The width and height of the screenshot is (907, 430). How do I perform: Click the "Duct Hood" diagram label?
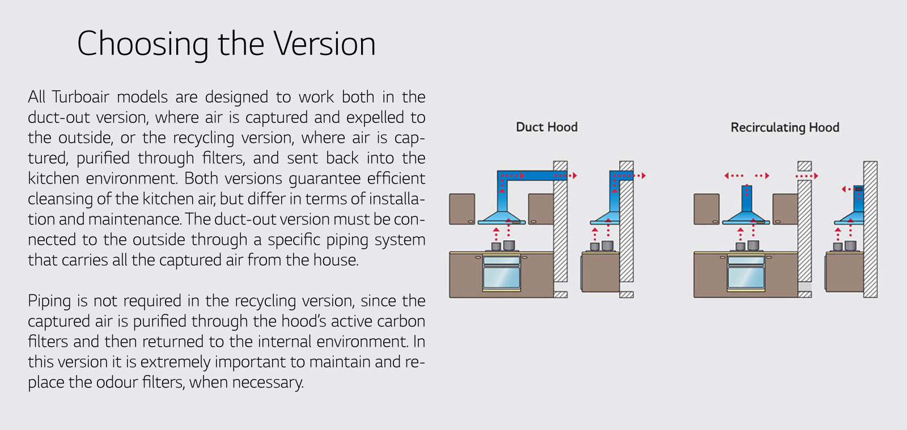[546, 127]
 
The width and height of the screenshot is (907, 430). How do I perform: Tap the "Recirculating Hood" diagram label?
[785, 127]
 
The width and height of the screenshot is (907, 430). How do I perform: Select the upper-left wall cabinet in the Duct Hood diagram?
[462, 209]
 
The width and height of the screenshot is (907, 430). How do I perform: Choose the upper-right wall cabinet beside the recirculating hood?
[785, 209]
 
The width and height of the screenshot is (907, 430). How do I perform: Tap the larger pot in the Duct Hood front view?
[509, 245]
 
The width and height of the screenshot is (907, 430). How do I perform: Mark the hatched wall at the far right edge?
[870, 229]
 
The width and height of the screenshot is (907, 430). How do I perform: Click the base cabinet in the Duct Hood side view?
[600, 272]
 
